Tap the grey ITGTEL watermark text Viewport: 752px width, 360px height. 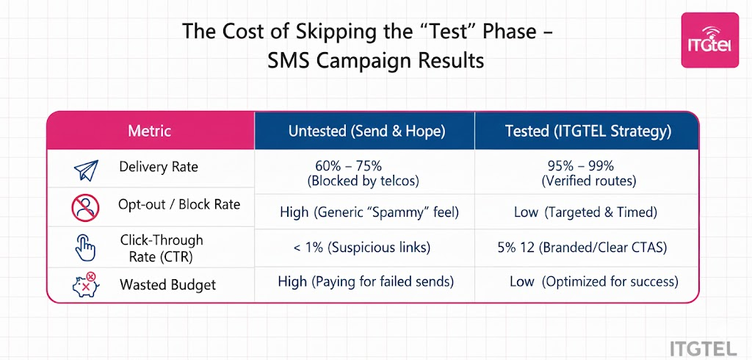[709, 347]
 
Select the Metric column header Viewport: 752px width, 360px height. [149, 132]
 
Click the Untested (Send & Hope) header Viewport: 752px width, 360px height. [365, 132]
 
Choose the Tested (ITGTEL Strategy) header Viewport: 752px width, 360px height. [587, 132]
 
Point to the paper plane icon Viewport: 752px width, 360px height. [86, 170]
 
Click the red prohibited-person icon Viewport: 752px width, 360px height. [86, 208]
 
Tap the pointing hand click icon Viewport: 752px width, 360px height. [86, 248]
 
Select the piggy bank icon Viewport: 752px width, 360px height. [86, 284]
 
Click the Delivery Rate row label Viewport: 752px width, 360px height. [159, 168]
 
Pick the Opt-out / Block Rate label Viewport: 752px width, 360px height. [179, 205]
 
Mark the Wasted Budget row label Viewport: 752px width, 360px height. [167, 284]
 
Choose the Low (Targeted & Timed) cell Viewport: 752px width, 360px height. [585, 212]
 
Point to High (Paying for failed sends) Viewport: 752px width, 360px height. [366, 281]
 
